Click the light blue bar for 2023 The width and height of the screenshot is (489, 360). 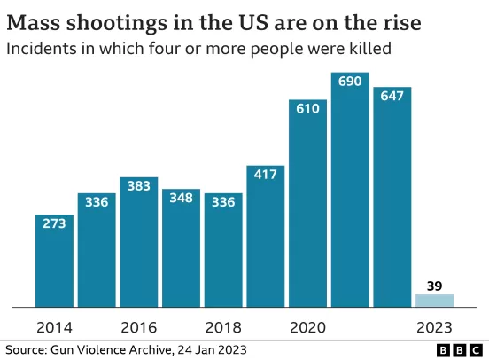pyautogui.click(x=434, y=301)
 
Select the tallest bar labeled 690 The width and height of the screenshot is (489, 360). pyautogui.click(x=350, y=190)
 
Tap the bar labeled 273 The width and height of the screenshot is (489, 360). pyautogui.click(x=54, y=261)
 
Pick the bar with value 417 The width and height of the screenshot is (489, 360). pyautogui.click(x=266, y=237)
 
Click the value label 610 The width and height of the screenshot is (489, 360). pyautogui.click(x=307, y=109)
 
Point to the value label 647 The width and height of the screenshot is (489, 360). pyautogui.click(x=392, y=96)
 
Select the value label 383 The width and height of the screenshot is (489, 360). pyautogui.click(x=139, y=186)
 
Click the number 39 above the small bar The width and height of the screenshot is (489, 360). pyautogui.click(x=434, y=286)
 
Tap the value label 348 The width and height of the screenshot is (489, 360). pyautogui.click(x=182, y=198)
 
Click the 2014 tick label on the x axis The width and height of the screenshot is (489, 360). pyautogui.click(x=54, y=327)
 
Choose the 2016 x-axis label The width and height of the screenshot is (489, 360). pyautogui.click(x=139, y=327)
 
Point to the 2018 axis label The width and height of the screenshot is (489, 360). pyautogui.click(x=223, y=327)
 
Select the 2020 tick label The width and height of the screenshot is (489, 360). pyautogui.click(x=307, y=327)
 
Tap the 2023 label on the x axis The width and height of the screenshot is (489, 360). pyautogui.click(x=434, y=327)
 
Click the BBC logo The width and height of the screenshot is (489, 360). pyautogui.click(x=460, y=350)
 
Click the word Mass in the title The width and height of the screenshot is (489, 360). pyautogui.click(x=34, y=23)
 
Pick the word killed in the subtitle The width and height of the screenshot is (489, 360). pyautogui.click(x=370, y=49)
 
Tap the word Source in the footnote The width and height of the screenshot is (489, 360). pyautogui.click(x=26, y=350)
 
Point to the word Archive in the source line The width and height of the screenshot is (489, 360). pyautogui.click(x=151, y=350)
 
